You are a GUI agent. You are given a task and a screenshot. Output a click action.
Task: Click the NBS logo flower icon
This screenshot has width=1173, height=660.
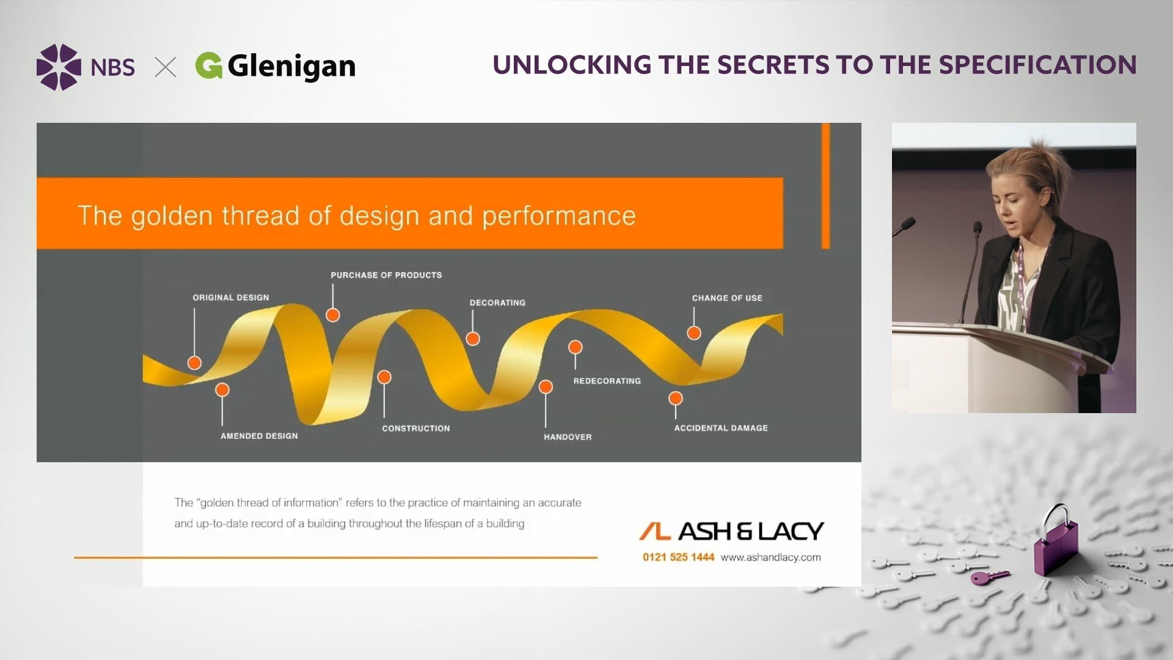pos(59,67)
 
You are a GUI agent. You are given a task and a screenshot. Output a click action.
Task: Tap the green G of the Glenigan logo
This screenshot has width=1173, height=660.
pos(209,65)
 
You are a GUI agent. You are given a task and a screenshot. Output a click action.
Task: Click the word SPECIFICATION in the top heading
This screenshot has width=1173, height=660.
pos(1037,65)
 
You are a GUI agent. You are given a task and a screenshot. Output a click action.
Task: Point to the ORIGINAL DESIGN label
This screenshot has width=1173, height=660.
pos(231,298)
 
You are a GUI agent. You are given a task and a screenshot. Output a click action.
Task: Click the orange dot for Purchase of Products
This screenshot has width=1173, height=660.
pos(333,315)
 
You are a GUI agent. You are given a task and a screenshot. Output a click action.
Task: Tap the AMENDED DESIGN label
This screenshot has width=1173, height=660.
pos(259,436)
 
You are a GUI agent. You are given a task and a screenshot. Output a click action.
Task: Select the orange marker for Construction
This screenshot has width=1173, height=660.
pos(384,377)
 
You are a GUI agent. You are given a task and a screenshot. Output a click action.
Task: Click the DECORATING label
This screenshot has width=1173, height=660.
pos(497,302)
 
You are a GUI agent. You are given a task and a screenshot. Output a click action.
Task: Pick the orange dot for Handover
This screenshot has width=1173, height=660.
pos(546,386)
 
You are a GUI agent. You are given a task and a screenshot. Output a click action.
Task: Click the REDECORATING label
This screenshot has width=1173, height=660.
pos(607,381)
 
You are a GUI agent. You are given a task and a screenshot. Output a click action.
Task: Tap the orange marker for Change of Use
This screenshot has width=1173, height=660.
pos(694,333)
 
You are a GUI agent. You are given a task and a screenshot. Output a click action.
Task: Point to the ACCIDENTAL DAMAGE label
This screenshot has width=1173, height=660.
pos(721,428)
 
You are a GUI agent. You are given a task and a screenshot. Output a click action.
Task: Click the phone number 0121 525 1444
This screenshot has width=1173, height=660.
pos(678,557)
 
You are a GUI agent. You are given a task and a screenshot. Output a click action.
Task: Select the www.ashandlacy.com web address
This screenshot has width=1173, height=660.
pos(771,557)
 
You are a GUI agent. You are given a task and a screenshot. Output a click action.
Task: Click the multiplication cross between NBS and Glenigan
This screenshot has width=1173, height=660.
pos(166,67)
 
